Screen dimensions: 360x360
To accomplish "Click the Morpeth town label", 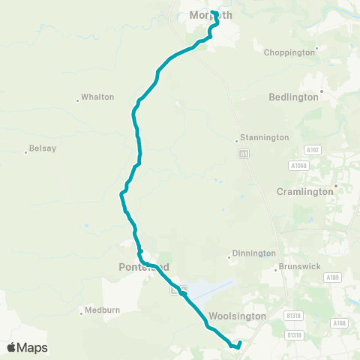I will click(211, 15).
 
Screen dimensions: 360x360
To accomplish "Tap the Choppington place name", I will click(289, 52).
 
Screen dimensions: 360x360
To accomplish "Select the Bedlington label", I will click(294, 97).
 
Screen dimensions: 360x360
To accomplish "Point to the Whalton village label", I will click(97, 97).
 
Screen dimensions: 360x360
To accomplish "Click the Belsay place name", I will click(42, 148).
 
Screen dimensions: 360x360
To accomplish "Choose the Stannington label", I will click(264, 138).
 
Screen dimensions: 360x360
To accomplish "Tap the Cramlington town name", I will click(304, 192).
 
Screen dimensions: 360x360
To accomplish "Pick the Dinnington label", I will click(253, 253).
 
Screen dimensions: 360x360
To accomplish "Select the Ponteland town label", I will click(144, 267).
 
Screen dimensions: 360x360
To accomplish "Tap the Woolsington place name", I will click(238, 316).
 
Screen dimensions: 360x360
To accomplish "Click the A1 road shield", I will click(244, 154).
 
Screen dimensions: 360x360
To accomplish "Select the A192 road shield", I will click(313, 150).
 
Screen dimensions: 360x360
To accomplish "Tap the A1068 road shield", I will click(298, 165).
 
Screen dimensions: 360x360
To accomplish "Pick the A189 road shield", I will click(332, 277).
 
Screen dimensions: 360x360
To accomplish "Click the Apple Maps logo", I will click(27, 348).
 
